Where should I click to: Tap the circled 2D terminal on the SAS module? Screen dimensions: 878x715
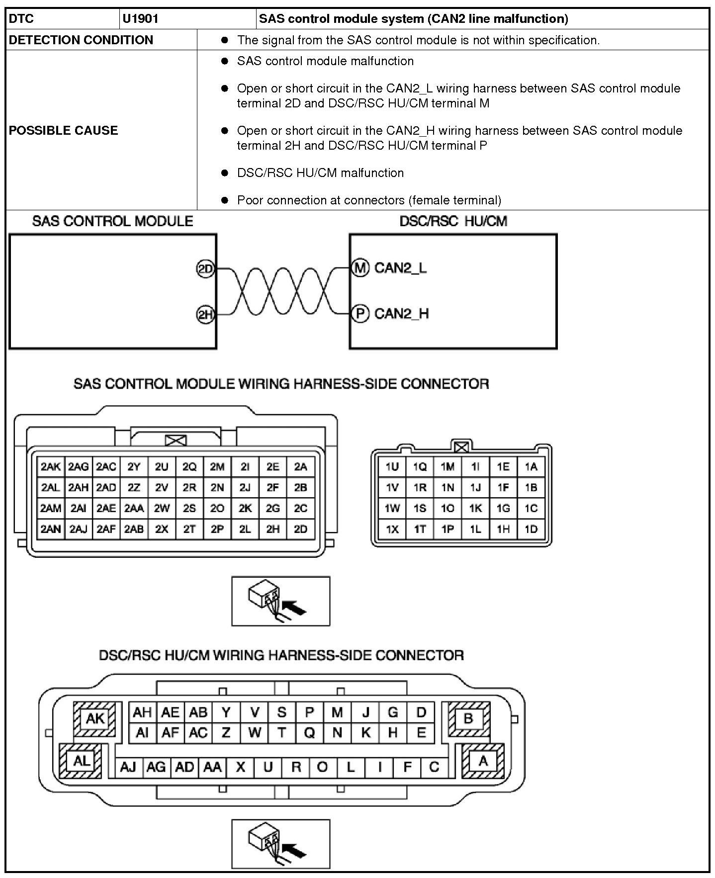[x=205, y=269]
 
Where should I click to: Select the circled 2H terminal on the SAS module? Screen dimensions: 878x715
[x=205, y=315]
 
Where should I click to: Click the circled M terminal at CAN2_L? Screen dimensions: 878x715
[x=360, y=268]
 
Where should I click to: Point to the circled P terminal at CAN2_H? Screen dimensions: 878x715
[x=360, y=314]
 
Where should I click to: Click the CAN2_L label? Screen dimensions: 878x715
[x=400, y=268]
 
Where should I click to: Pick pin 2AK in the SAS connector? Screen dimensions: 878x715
[x=51, y=467]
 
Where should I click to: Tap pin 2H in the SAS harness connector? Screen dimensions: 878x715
[x=272, y=529]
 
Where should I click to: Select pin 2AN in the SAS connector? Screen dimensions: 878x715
[x=51, y=529]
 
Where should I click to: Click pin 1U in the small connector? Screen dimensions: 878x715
[x=392, y=467]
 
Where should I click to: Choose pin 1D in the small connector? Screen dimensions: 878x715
[x=531, y=529]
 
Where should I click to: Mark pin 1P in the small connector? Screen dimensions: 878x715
[x=447, y=529]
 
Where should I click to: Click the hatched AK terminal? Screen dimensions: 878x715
[x=95, y=719]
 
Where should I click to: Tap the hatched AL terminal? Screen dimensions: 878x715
[x=81, y=761]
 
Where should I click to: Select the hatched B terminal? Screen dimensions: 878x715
[x=468, y=718]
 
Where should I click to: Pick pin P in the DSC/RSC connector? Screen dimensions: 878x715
[x=309, y=712]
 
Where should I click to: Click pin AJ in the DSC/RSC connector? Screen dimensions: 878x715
[x=128, y=767]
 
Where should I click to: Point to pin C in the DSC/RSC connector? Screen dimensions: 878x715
[x=434, y=767]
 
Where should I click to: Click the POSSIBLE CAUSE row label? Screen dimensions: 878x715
[x=64, y=130]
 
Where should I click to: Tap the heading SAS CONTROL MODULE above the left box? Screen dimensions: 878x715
[x=113, y=221]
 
